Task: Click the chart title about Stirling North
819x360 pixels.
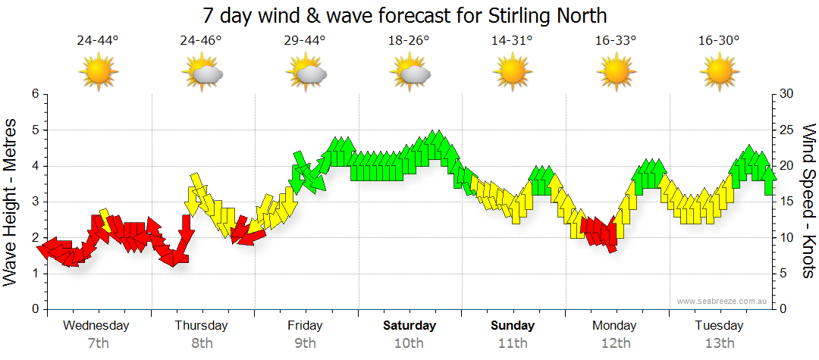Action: pyautogui.click(x=405, y=15)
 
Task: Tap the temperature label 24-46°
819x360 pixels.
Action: pyautogui.click(x=201, y=40)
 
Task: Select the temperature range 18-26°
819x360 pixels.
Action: pyautogui.click(x=409, y=40)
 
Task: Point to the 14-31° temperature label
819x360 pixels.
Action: pyautogui.click(x=513, y=40)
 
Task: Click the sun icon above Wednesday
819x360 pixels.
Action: pyautogui.click(x=98, y=72)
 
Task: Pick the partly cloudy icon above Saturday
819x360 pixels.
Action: pyautogui.click(x=410, y=72)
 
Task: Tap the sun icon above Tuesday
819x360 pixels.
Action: pyautogui.click(x=719, y=72)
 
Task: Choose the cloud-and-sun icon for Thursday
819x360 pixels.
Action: pyautogui.click(x=202, y=72)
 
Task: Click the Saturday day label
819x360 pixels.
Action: pyautogui.click(x=409, y=326)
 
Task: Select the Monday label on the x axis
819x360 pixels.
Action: pyautogui.click(x=615, y=326)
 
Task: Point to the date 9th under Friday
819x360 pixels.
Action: pyautogui.click(x=305, y=343)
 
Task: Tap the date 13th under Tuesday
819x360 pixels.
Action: pyautogui.click(x=719, y=343)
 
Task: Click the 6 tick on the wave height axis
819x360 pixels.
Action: pyautogui.click(x=34, y=94)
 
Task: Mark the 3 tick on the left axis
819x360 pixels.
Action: pyautogui.click(x=34, y=202)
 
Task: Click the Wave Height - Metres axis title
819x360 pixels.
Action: pyautogui.click(x=12, y=202)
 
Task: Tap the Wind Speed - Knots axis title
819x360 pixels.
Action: pyautogui.click(x=808, y=202)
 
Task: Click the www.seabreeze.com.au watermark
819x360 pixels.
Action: pyautogui.click(x=723, y=301)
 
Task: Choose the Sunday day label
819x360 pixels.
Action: pyautogui.click(x=513, y=326)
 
